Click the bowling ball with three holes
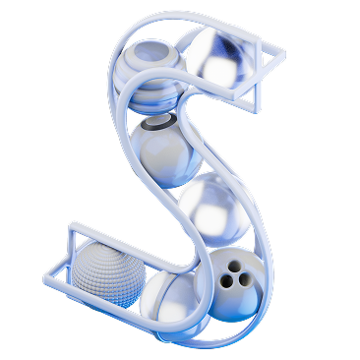tap(230, 284)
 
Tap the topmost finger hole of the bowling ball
tap(234, 267)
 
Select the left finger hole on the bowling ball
tap(226, 280)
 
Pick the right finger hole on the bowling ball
tap(244, 278)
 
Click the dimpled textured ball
tap(108, 274)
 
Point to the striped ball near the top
tap(150, 78)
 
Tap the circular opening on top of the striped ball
tap(152, 52)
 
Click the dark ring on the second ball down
tap(159, 122)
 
